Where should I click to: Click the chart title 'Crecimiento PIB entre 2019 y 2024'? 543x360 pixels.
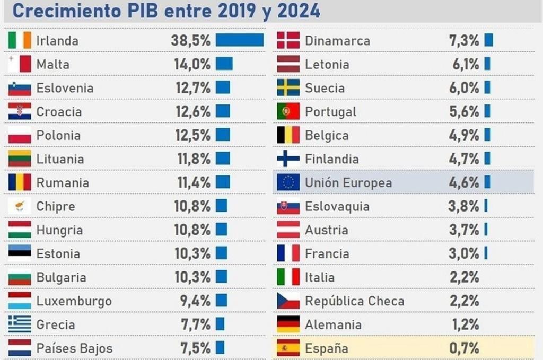pyautogui.click(x=166, y=11)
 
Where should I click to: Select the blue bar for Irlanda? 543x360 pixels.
pyautogui.click(x=240, y=40)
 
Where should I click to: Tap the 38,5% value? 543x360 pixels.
pyautogui.click(x=191, y=40)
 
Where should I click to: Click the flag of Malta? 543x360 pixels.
pyautogui.click(x=20, y=64)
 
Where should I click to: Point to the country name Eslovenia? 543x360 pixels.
pyautogui.click(x=65, y=88)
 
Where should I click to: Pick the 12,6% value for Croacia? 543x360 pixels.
pyautogui.click(x=193, y=111)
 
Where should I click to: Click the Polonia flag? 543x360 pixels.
pyautogui.click(x=20, y=135)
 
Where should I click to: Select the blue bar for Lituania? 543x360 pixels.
pyautogui.click(x=223, y=159)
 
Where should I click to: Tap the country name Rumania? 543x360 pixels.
pyautogui.click(x=63, y=183)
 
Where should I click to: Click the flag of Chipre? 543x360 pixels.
pyautogui.click(x=20, y=206)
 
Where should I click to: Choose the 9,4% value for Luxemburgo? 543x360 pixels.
pyautogui.click(x=195, y=301)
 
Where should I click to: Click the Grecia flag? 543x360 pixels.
pyautogui.click(x=20, y=324)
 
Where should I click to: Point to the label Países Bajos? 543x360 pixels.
pyautogui.click(x=74, y=348)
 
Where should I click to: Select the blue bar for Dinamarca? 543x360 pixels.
pyautogui.click(x=488, y=40)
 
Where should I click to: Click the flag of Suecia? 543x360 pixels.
pyautogui.click(x=288, y=88)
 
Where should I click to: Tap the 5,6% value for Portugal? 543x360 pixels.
pyautogui.click(x=464, y=111)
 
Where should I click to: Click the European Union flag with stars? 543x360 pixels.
pyautogui.click(x=288, y=183)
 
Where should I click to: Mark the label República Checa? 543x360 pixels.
pyautogui.click(x=354, y=301)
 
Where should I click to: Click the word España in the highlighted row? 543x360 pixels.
pyautogui.click(x=326, y=348)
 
